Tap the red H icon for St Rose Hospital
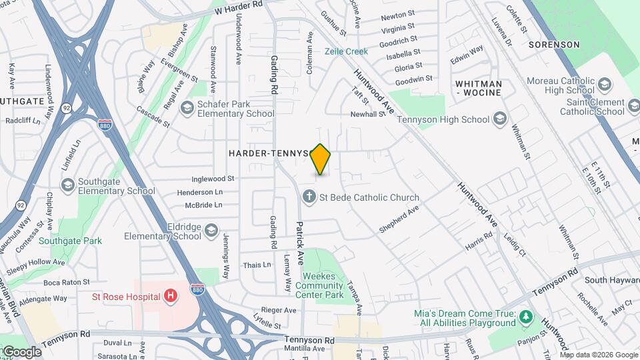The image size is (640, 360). point(171,295)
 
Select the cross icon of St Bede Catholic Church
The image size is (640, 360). point(309,197)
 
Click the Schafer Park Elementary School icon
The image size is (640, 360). point(187,108)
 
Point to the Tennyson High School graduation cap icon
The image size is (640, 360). point(500,120)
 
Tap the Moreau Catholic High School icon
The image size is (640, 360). point(605,85)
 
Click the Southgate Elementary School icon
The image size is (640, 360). point(67,185)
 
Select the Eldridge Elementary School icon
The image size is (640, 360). point(211,231)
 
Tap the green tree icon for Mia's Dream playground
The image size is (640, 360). point(526,317)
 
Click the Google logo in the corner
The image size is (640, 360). point(21,352)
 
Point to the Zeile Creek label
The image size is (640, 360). point(346,51)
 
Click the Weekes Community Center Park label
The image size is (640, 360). point(323,285)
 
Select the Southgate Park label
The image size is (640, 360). point(70,241)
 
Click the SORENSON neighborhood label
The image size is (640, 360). point(554,45)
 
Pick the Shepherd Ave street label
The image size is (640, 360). point(399,220)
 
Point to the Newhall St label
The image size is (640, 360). point(369,114)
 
